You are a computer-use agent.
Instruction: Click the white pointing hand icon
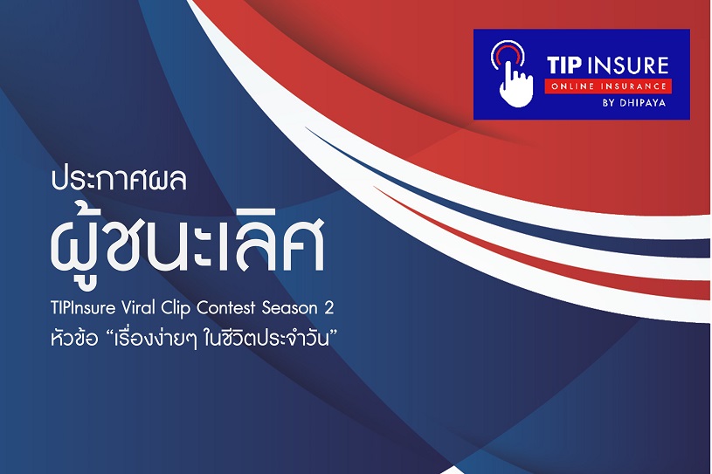click(515, 85)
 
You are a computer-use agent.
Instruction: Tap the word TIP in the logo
click(564, 65)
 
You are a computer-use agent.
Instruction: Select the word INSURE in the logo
click(627, 65)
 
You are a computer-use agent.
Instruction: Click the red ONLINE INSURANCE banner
click(608, 86)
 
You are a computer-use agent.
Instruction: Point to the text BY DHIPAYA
click(634, 103)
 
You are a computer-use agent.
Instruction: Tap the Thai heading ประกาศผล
click(119, 180)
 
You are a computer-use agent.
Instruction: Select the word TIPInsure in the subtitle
click(84, 308)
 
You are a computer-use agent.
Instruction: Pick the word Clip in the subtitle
click(176, 309)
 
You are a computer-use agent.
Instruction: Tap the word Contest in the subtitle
click(226, 308)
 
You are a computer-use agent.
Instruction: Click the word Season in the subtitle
click(290, 308)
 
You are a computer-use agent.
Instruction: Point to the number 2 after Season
click(329, 308)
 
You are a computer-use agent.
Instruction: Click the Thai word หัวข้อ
click(74, 339)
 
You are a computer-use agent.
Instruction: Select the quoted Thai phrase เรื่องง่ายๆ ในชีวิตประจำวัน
click(223, 340)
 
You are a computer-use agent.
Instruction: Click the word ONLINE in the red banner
click(572, 86)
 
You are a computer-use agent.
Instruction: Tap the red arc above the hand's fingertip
click(508, 51)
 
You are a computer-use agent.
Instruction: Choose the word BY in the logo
click(608, 103)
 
